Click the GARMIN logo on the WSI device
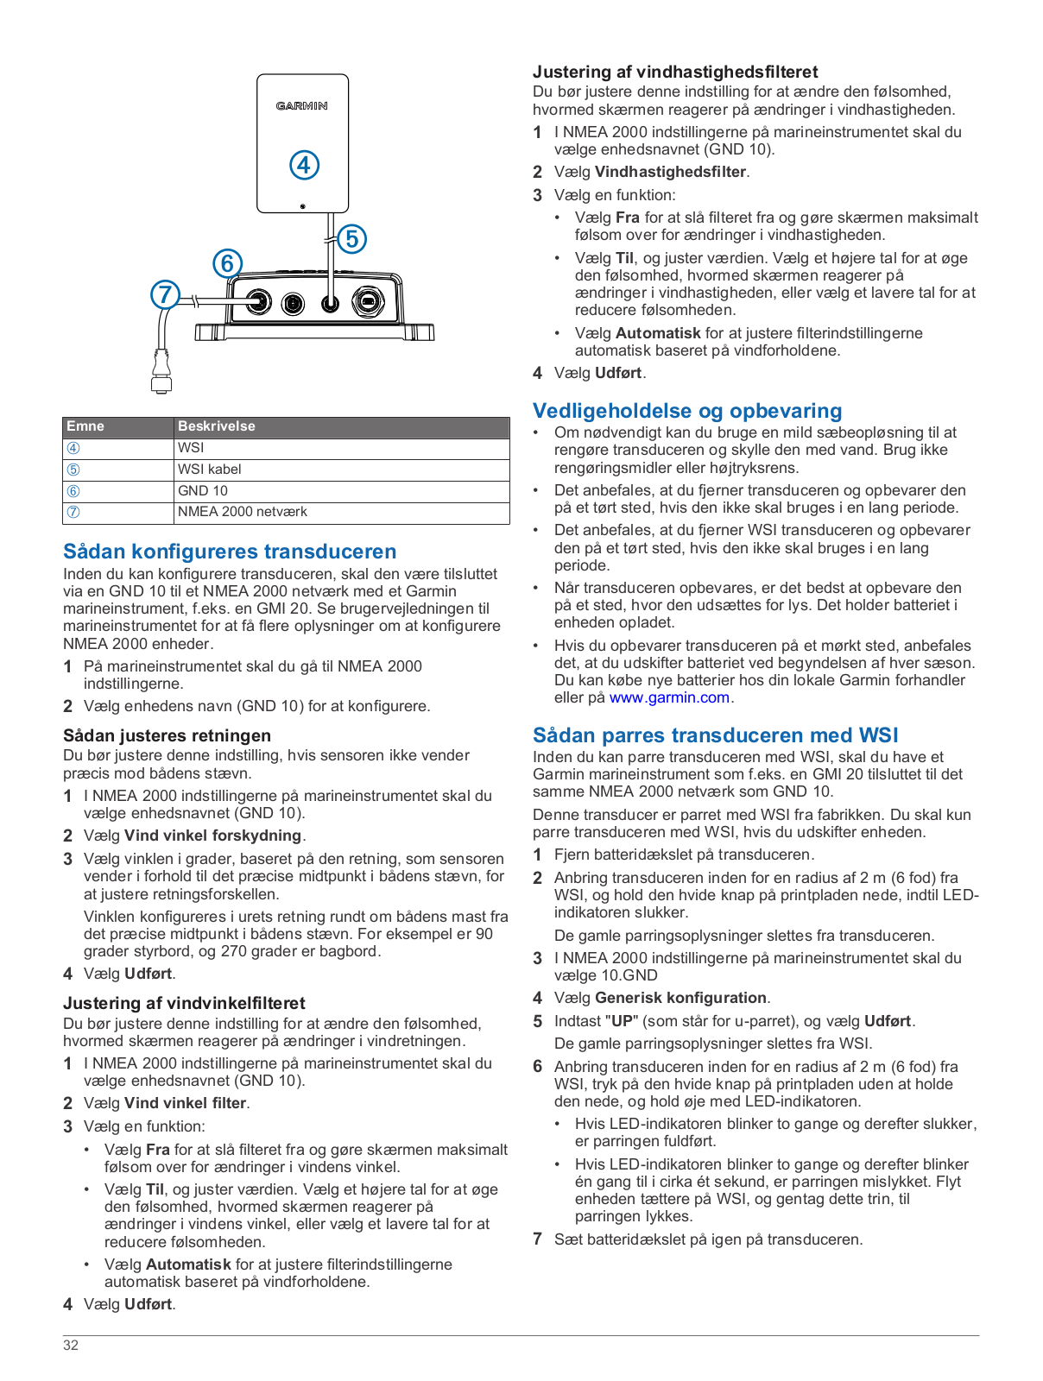pos(301,106)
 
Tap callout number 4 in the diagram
pos(304,165)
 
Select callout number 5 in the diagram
pos(351,238)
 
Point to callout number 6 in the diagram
pos(227,263)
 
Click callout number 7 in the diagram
pos(165,294)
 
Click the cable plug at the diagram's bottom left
pos(161,373)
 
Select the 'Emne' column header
pos(85,426)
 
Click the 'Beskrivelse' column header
pos(217,426)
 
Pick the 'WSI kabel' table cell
pos(210,470)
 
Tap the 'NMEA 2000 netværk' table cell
pos(243,512)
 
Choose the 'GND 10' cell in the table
pos(203,491)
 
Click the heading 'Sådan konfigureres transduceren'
pos(230,552)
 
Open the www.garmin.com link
pos(669,697)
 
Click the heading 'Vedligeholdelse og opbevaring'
pos(687,411)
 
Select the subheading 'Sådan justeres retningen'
pos(167,735)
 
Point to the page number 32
pos(71,1345)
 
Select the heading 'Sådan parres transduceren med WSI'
pos(715,735)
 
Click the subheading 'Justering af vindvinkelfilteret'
pos(184,1003)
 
